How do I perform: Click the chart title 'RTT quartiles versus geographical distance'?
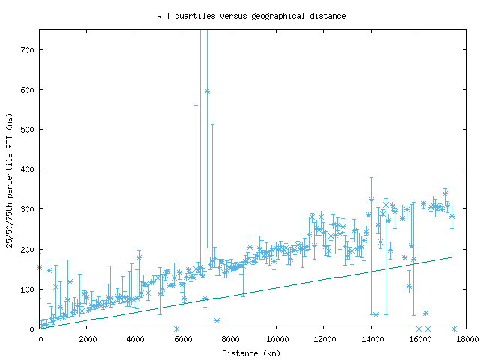coord(251,16)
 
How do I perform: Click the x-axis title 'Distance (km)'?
coord(251,352)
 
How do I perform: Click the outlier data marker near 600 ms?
coord(207,91)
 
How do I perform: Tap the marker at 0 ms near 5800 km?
coord(177,328)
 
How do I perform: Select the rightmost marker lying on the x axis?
coord(454,328)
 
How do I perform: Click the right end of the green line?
coord(454,256)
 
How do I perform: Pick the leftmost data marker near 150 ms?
coord(40,267)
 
